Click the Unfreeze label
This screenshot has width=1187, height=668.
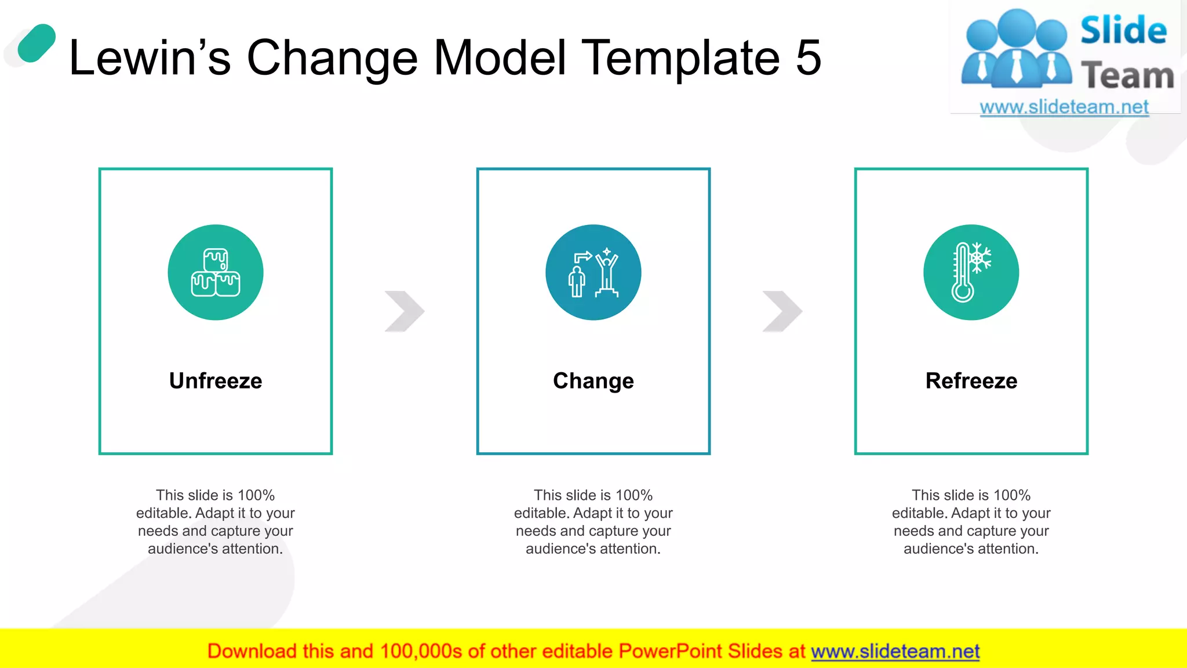tap(216, 381)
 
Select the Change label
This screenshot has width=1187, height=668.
tap(593, 381)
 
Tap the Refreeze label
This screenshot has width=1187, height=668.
tap(971, 381)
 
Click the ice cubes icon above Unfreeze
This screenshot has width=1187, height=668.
tap(216, 273)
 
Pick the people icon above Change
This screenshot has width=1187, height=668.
tap(593, 273)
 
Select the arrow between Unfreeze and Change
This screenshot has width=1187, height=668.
tap(405, 311)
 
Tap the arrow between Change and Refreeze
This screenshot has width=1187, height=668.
tap(782, 311)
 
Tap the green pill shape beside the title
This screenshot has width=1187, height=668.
tap(37, 43)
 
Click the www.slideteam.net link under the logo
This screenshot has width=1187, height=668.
tap(1064, 107)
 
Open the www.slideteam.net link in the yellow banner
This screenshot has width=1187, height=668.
tap(895, 651)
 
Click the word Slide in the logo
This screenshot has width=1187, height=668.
tap(1123, 31)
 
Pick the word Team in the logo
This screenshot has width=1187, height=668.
tap(1127, 76)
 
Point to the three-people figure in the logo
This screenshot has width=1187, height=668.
tap(1017, 49)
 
